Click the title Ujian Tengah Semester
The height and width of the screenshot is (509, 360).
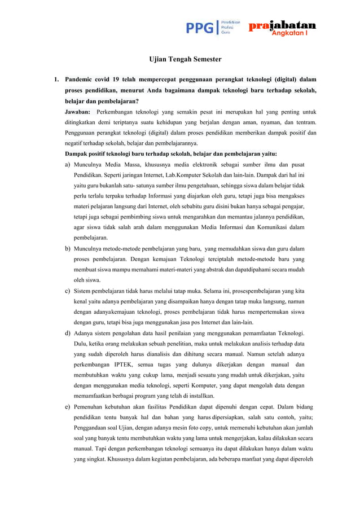tap(185, 59)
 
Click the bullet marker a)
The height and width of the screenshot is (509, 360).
tap(68, 164)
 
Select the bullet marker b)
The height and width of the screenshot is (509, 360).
tap(68, 248)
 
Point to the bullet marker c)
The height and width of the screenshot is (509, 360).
tap(68, 291)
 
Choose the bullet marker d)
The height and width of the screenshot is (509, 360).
tap(68, 333)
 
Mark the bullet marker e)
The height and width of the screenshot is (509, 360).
tap(68, 406)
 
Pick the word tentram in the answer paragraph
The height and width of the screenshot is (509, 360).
tap(304, 122)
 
